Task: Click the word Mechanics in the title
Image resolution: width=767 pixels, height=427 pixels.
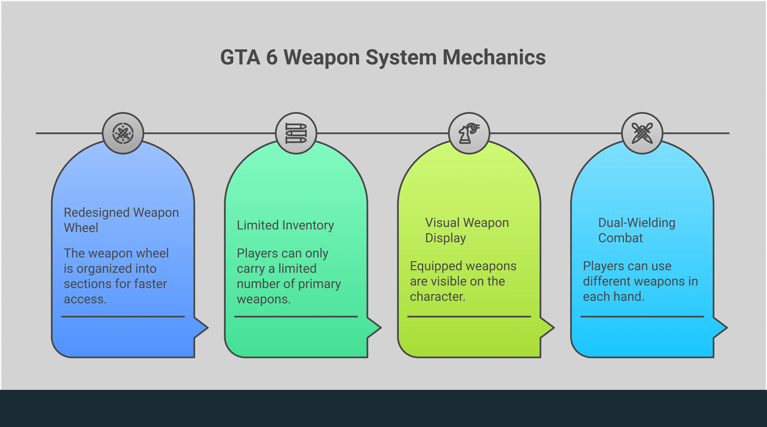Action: [x=494, y=57]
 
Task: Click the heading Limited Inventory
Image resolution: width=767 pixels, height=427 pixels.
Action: [x=285, y=225]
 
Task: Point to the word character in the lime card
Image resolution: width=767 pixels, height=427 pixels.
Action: [x=437, y=297]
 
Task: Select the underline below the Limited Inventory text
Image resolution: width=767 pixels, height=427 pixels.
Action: [x=296, y=316]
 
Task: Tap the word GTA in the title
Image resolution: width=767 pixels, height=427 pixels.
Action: [x=240, y=57]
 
